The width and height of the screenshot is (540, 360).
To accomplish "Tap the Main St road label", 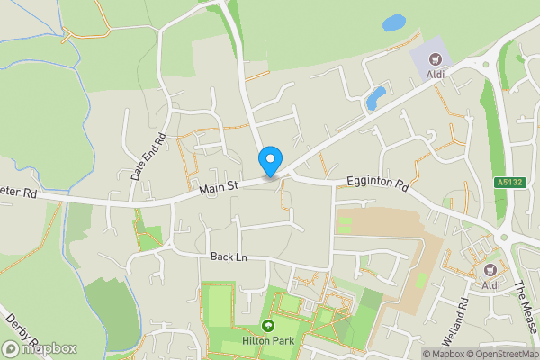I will tap(218, 185).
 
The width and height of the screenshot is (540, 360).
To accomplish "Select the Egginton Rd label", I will tap(378, 188).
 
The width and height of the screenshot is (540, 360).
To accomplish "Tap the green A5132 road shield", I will tap(509, 182).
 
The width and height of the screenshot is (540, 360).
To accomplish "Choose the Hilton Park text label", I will tap(267, 342).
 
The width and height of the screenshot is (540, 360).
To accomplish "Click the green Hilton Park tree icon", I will tap(267, 326).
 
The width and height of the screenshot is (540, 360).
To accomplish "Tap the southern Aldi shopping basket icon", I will tap(491, 269).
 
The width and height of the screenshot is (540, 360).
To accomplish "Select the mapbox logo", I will tap(40, 348).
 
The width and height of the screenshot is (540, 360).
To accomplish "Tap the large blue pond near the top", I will tap(393, 22).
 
